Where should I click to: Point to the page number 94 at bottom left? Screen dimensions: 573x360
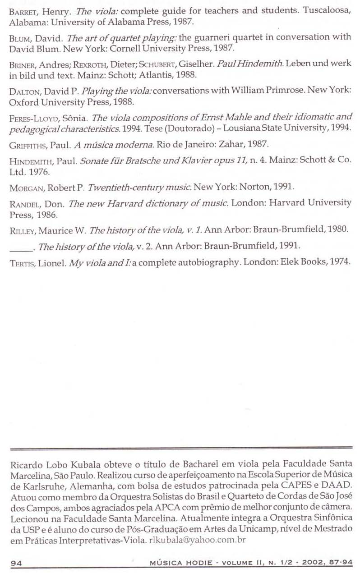point(16,562)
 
